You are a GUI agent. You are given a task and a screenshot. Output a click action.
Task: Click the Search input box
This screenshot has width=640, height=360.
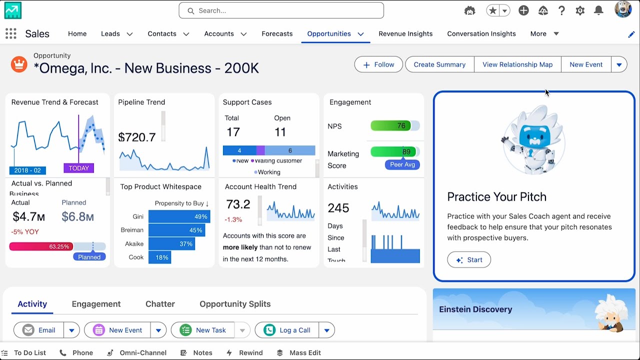pos(281,10)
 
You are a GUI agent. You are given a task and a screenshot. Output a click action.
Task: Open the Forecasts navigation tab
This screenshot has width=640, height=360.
pos(277,33)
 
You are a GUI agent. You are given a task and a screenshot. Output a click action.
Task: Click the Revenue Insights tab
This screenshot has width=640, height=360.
pos(405,33)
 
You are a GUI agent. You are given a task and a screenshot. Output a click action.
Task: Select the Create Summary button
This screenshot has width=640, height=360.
pos(439,64)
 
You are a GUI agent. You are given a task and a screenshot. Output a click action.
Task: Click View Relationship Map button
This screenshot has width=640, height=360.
pos(517,64)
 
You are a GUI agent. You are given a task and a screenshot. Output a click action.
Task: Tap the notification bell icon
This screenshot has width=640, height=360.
pos(598,10)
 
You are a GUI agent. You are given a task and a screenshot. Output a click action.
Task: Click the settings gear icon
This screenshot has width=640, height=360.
pos(580,10)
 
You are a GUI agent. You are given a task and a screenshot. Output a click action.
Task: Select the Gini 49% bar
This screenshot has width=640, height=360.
pos(179,216)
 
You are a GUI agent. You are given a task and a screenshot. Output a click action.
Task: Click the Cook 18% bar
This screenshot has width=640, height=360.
pos(159,257)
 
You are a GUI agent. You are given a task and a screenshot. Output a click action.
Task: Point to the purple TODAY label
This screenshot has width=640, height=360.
pos(78,168)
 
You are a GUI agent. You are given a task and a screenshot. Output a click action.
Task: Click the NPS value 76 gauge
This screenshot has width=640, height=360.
pos(394,126)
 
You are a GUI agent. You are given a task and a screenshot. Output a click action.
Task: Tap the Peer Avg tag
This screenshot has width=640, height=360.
pos(402,164)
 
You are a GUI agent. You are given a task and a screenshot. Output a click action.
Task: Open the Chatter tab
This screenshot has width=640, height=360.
pos(160,304)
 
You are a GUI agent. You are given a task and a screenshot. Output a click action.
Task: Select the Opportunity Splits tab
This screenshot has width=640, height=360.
pos(235,304)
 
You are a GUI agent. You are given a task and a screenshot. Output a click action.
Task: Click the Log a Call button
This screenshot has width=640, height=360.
pos(287,330)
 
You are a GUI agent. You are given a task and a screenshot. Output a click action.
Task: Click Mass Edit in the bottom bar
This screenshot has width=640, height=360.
pos(305,352)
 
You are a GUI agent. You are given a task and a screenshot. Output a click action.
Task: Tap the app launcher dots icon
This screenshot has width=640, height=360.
pos(10,33)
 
